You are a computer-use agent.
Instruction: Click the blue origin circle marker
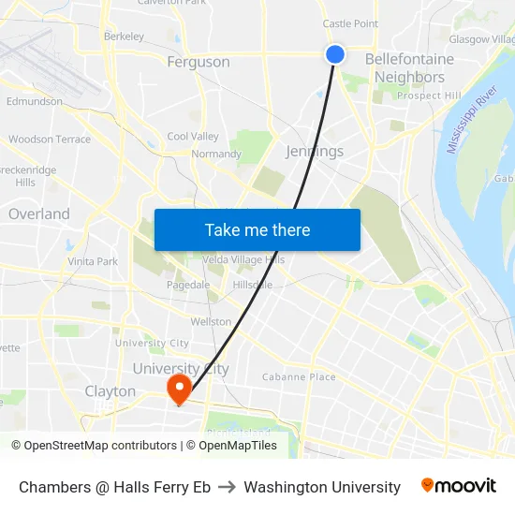(335, 54)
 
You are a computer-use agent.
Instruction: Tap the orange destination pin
(178, 388)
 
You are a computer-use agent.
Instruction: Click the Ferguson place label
(198, 62)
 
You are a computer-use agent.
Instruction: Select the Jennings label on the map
(314, 151)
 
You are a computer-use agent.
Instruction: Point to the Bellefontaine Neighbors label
(409, 67)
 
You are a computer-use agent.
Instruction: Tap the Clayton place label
(110, 390)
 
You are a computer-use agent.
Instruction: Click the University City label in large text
(181, 369)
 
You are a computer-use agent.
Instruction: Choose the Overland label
(39, 213)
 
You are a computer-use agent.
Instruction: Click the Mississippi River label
(471, 121)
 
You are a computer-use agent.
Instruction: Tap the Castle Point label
(350, 23)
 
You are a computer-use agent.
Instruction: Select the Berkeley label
(124, 37)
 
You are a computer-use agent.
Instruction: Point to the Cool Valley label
(193, 137)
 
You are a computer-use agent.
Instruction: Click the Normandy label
(216, 154)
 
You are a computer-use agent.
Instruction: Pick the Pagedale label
(187, 285)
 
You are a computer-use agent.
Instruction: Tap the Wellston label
(211, 321)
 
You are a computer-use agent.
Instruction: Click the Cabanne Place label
(299, 377)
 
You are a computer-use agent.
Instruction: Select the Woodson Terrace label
(50, 140)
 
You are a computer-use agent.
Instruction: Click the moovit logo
(459, 486)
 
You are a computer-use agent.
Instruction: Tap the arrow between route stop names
(228, 487)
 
